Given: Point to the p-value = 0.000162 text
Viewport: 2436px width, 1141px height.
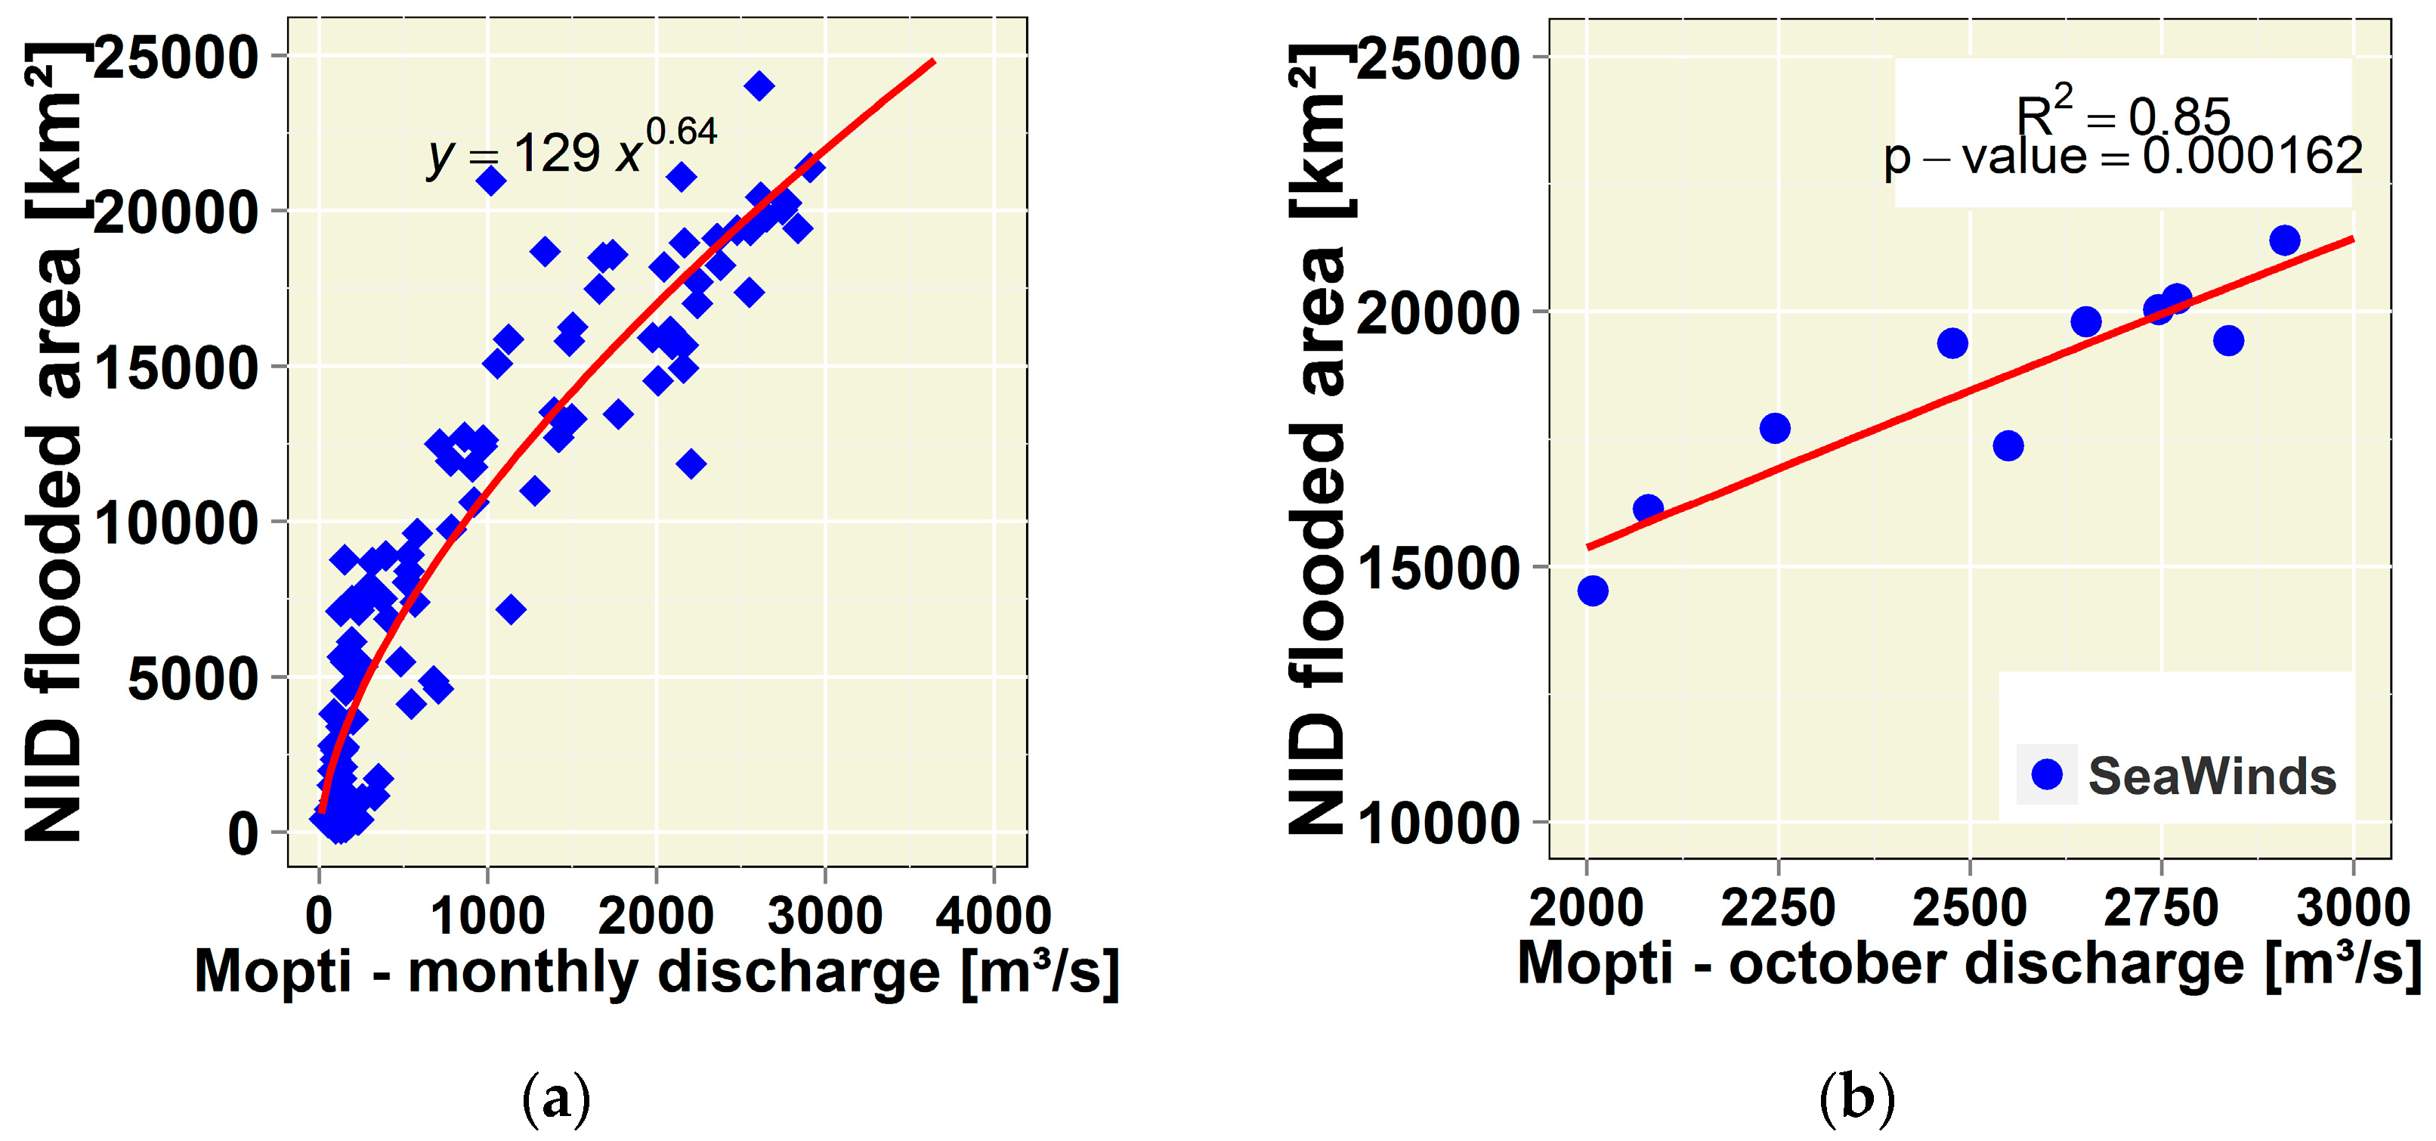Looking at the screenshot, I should pyautogui.click(x=2123, y=156).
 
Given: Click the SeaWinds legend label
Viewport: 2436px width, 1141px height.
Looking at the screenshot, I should pyautogui.click(x=2212, y=776).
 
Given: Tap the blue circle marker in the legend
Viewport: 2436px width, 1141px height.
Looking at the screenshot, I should pyautogui.click(x=2046, y=774).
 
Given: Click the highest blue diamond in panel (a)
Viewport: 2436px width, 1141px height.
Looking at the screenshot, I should pyautogui.click(x=759, y=86).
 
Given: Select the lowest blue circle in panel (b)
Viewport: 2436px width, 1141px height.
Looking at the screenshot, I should pyautogui.click(x=1594, y=591).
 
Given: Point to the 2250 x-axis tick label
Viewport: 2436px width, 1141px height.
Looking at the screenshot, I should pyautogui.click(x=1778, y=908).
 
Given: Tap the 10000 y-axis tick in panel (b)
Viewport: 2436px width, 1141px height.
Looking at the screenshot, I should pyautogui.click(x=1437, y=823).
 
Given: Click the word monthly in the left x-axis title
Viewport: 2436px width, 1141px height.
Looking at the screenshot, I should pyautogui.click(x=523, y=972).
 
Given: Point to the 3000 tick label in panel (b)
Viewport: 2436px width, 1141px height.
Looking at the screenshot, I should pyautogui.click(x=2353, y=908).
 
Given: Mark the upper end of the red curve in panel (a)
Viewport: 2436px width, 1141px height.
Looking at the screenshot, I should pyautogui.click(x=933, y=61).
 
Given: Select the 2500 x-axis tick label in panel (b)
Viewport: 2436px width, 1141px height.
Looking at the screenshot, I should pyautogui.click(x=1970, y=908).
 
